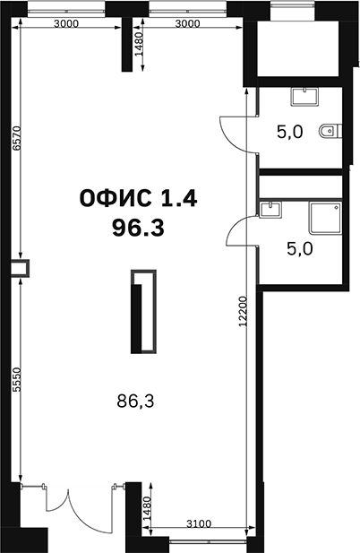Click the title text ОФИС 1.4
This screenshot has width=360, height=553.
click(138, 198)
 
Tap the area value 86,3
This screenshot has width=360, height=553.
click(135, 401)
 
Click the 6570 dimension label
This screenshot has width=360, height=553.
click(16, 138)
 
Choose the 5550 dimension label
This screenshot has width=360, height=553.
click(16, 380)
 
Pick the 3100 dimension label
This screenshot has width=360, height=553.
click(199, 523)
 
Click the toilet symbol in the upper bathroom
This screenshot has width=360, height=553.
click(330, 131)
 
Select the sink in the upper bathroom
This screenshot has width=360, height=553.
click(304, 97)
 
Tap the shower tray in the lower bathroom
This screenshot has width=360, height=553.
click(325, 218)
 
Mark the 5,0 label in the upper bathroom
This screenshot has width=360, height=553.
click(289, 133)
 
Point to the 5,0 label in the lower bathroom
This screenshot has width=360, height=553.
click(300, 249)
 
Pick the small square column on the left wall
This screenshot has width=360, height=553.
click(20, 268)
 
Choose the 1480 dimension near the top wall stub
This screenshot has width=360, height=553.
click(139, 44)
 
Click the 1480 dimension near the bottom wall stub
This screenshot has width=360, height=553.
click(147, 508)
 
